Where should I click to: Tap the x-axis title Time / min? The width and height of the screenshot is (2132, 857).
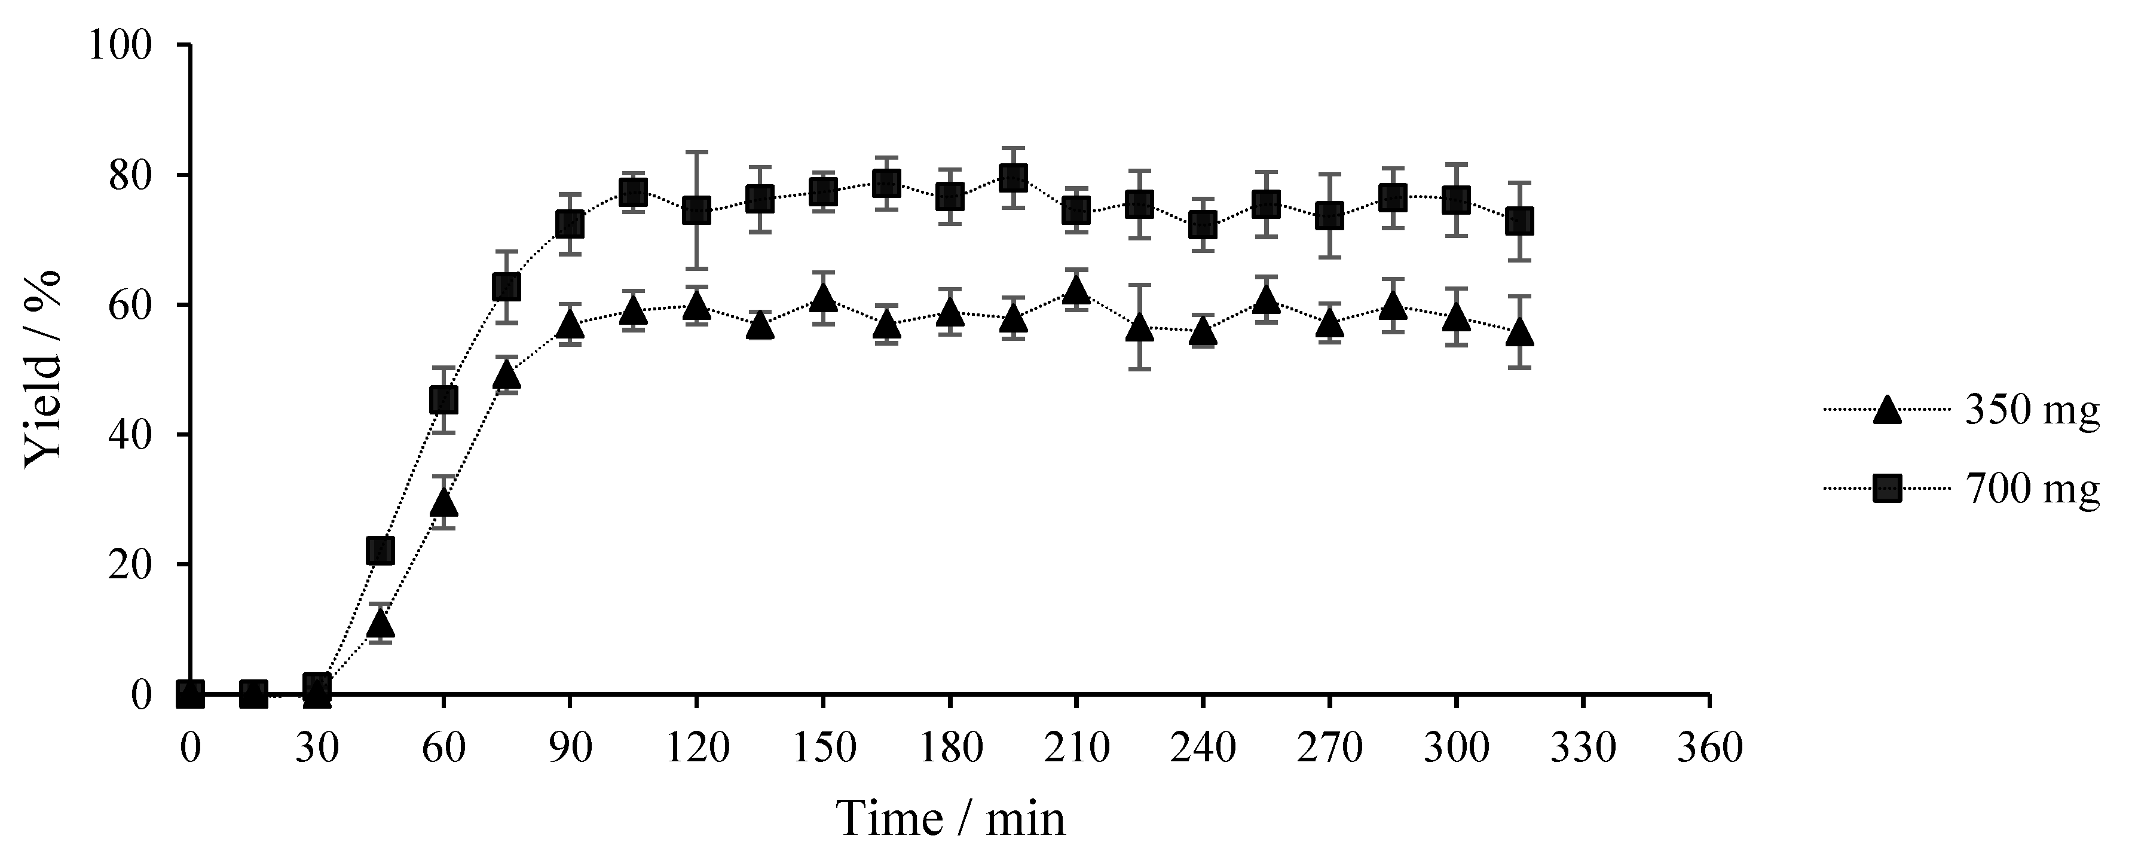pyautogui.click(x=951, y=819)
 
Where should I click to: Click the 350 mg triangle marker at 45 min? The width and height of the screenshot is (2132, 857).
pyautogui.click(x=380, y=623)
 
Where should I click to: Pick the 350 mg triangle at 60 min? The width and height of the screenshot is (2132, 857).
pyautogui.click(x=443, y=502)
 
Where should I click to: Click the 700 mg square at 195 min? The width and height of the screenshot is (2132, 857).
pyautogui.click(x=1013, y=176)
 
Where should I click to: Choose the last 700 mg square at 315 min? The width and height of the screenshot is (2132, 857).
pyautogui.click(x=1519, y=221)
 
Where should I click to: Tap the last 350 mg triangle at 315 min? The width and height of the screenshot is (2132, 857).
pyautogui.click(x=1519, y=332)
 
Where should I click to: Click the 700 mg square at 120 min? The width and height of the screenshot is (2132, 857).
pyautogui.click(x=697, y=211)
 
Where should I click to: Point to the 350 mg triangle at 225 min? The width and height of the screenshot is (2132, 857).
pyautogui.click(x=1140, y=327)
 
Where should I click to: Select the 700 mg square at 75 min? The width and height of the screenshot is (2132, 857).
pyautogui.click(x=506, y=287)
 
